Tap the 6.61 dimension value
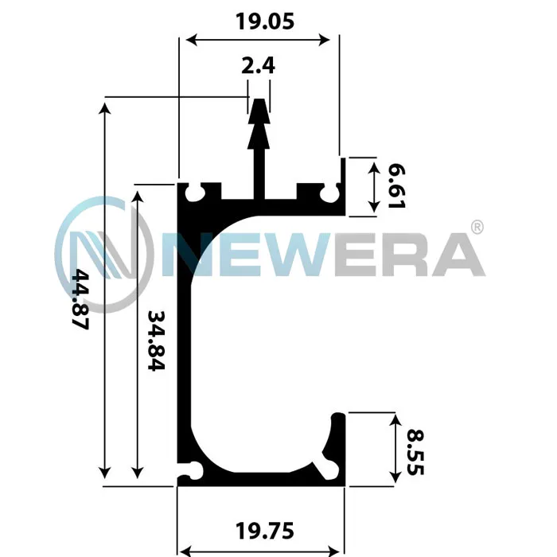[395, 186]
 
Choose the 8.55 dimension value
[415, 451]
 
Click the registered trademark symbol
[477, 227]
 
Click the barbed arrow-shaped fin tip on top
[259, 111]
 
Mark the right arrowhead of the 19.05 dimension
[324, 39]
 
